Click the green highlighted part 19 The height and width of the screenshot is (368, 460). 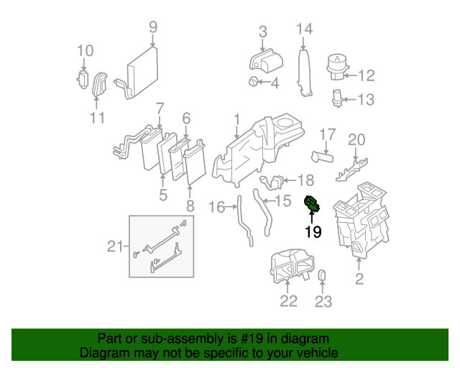313,205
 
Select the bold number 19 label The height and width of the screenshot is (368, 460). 313,232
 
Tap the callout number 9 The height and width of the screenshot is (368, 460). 152,27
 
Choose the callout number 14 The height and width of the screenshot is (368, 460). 305,29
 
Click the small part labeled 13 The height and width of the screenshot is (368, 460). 337,97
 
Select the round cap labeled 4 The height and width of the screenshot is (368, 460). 254,83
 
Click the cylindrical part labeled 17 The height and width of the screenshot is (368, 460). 323,155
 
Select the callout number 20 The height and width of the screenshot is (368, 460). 356,139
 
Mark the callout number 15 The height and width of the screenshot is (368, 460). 283,201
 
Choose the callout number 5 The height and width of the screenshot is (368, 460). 163,195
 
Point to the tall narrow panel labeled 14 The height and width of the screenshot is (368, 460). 305,72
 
